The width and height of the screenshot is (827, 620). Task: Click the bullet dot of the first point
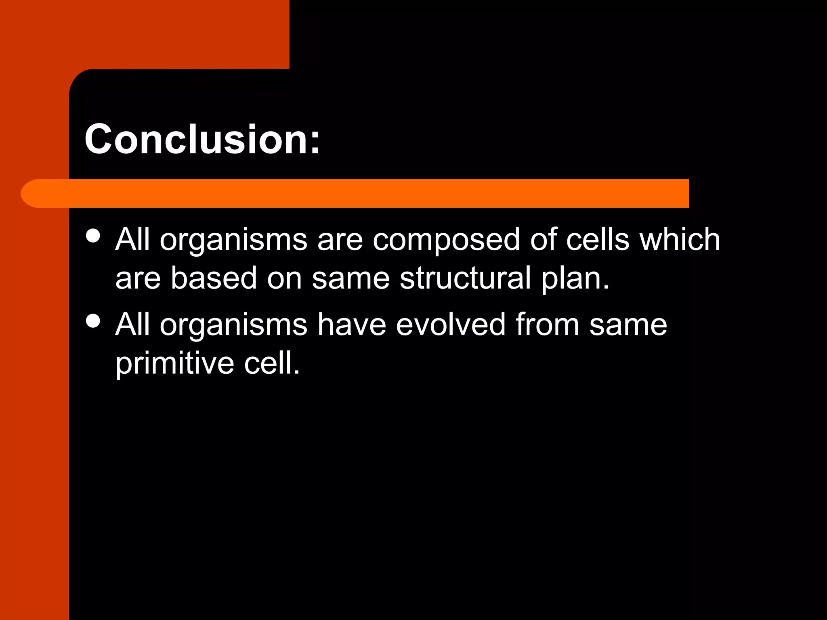tap(93, 236)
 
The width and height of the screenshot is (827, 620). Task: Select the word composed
tap(446, 240)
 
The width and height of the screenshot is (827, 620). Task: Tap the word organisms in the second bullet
tap(233, 325)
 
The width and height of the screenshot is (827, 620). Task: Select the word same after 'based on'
tap(351, 279)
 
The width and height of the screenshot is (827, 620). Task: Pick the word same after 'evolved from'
tap(628, 325)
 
